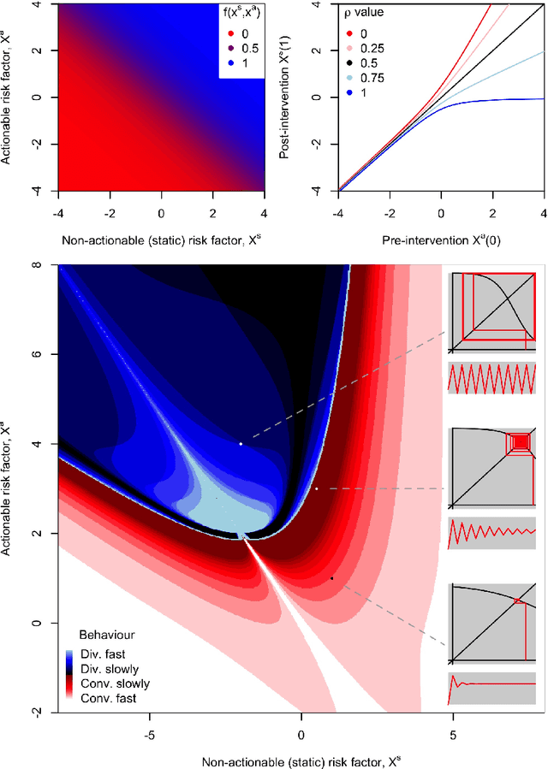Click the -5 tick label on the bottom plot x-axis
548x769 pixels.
pyautogui.click(x=149, y=735)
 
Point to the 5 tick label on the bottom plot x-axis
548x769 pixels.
pyautogui.click(x=452, y=735)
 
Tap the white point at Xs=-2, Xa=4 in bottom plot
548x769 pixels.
pyautogui.click(x=241, y=444)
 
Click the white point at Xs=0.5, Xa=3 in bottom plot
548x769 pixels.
pyautogui.click(x=316, y=488)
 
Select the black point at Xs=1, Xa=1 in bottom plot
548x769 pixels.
pyautogui.click(x=331, y=578)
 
